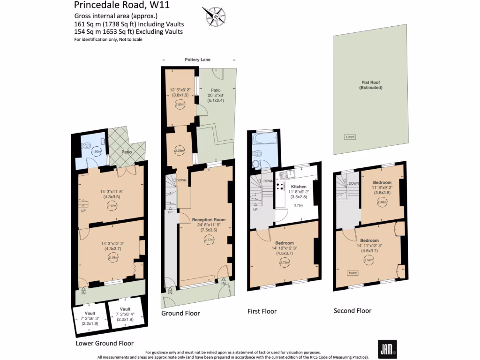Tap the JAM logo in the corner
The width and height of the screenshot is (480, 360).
click(388, 348)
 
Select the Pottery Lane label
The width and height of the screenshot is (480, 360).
click(197, 60)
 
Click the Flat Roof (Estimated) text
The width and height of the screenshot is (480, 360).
click(368, 85)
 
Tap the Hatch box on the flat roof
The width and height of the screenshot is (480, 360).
click(350, 137)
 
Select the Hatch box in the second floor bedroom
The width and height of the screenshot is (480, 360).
click(353, 273)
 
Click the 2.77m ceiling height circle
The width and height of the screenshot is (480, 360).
click(209, 240)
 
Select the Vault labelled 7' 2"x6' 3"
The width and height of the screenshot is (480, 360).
click(90, 318)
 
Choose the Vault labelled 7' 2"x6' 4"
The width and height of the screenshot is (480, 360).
click(125, 315)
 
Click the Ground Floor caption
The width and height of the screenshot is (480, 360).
click(180, 313)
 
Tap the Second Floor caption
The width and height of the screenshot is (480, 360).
click(352, 311)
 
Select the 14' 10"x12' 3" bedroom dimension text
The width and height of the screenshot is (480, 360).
click(285, 248)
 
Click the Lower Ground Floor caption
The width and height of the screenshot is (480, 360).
click(105, 343)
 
